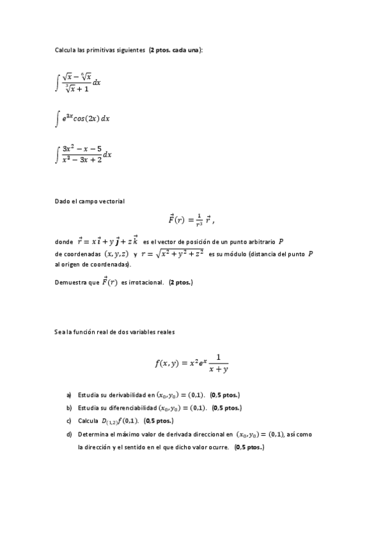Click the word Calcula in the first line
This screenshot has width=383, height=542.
click(65, 50)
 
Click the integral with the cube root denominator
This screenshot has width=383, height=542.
click(78, 82)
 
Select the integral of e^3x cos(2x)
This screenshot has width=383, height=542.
click(82, 118)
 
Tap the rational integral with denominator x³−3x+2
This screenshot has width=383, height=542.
click(83, 155)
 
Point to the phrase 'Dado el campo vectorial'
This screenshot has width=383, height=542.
click(90, 201)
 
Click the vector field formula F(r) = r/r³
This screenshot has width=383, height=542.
click(190, 220)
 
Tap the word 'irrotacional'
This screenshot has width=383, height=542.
click(145, 283)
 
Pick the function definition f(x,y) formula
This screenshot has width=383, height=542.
click(191, 363)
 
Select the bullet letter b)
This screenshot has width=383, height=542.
click(69, 408)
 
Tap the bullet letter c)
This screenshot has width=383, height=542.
click(69, 421)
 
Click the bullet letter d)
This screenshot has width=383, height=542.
click(69, 434)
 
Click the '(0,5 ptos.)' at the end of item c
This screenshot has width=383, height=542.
click(159, 421)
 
